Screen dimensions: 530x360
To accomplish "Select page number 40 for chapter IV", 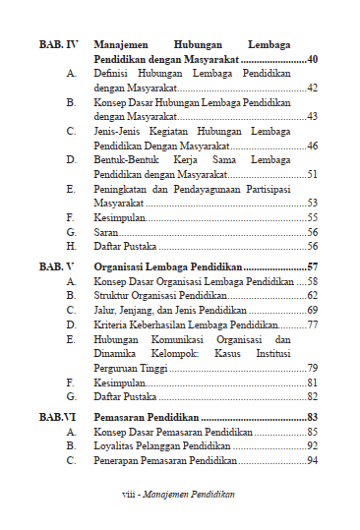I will point(312,60).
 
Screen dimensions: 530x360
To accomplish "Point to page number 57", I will point(312,266).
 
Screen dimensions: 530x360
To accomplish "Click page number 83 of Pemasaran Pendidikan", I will point(312,418).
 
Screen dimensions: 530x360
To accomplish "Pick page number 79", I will point(312,368).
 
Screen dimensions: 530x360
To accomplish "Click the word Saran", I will point(105,232).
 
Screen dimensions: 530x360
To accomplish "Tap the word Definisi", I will point(113,74).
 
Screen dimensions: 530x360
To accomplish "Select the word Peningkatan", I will point(122,188).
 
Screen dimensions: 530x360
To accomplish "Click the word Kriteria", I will point(112,324).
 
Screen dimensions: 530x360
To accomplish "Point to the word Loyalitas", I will point(116,445).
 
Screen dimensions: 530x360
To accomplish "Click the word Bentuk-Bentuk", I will point(125,159).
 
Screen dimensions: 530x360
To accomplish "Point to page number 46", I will point(312,146).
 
